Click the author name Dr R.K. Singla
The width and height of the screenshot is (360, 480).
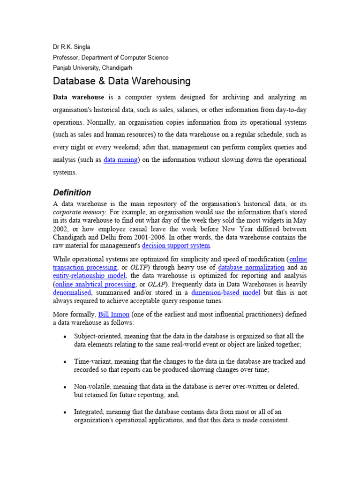(x=72, y=47)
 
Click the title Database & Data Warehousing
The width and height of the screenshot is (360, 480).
(x=121, y=81)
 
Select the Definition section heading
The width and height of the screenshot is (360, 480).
(x=72, y=193)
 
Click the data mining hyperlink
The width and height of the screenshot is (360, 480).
(x=120, y=160)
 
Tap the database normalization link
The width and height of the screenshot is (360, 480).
(x=251, y=267)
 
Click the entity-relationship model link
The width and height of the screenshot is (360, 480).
(x=89, y=276)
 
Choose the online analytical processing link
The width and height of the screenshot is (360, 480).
(x=94, y=284)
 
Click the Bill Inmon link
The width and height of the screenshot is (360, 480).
(x=113, y=314)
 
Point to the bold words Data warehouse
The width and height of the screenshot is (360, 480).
(x=78, y=97)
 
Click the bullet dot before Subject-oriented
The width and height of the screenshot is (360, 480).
(x=64, y=337)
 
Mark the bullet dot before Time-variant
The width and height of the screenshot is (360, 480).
(x=64, y=362)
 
